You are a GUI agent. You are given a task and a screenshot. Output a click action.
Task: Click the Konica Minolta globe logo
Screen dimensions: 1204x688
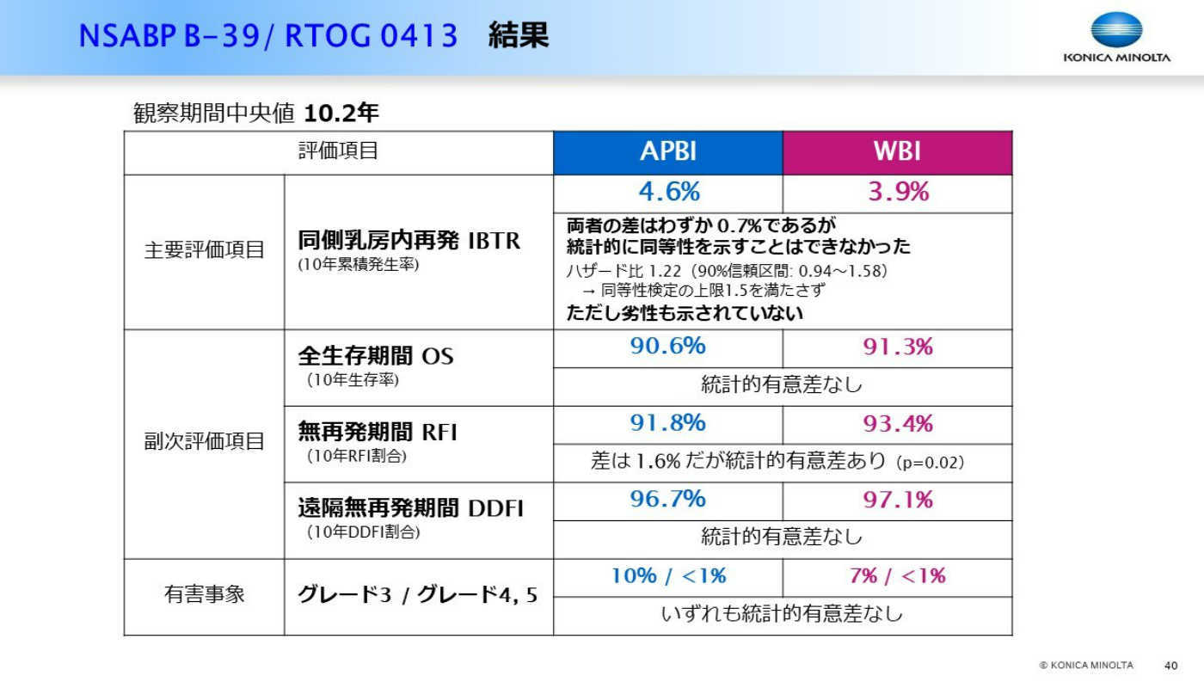click(x=1116, y=29)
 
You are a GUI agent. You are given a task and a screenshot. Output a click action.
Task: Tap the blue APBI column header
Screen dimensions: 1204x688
click(x=668, y=153)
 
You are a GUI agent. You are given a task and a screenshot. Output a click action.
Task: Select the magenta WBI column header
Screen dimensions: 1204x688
click(x=898, y=153)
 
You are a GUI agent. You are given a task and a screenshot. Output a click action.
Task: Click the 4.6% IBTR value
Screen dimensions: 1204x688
click(x=669, y=192)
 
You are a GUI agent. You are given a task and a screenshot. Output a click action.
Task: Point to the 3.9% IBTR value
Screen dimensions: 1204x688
click(x=898, y=192)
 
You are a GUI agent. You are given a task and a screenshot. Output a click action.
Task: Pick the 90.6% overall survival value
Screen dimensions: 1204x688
click(x=667, y=346)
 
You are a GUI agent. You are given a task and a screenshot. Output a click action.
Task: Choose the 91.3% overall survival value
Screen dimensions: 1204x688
click(x=898, y=347)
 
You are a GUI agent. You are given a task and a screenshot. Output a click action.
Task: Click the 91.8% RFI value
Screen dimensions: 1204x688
click(x=667, y=423)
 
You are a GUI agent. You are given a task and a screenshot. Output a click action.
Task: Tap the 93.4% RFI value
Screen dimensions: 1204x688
click(x=898, y=423)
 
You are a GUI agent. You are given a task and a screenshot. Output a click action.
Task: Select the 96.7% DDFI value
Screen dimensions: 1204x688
click(x=667, y=500)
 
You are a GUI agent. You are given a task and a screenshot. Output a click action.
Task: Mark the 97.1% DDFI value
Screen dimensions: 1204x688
click(x=898, y=500)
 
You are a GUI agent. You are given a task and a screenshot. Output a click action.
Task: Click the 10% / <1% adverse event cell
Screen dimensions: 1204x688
click(x=669, y=576)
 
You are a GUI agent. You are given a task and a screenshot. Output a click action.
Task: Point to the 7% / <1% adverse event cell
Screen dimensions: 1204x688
click(x=898, y=576)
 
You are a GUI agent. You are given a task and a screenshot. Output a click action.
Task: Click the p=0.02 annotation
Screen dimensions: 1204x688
click(x=930, y=463)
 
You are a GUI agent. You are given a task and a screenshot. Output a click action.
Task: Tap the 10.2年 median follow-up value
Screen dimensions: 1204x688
click(x=341, y=113)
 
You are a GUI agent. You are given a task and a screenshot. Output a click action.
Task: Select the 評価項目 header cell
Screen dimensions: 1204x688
click(x=339, y=150)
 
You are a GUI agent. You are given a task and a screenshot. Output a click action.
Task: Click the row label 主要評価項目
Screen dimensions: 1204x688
click(x=205, y=250)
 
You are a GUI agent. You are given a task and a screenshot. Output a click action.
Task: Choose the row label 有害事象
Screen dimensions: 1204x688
click(x=205, y=594)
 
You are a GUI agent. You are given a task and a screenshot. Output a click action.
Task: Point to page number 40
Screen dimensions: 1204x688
click(x=1171, y=666)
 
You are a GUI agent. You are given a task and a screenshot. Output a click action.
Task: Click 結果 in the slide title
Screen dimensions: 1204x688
click(x=519, y=35)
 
